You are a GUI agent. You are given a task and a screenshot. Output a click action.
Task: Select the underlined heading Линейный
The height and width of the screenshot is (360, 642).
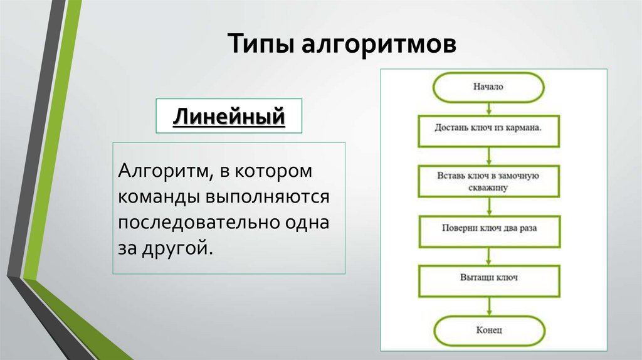[x=229, y=116]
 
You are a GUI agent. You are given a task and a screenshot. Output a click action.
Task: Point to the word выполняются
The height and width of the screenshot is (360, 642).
[x=265, y=197]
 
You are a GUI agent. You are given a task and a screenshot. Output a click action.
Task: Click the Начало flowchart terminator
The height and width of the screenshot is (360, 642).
[x=488, y=87]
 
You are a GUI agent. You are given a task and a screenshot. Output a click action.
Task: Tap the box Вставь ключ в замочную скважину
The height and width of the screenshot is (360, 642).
[x=488, y=180]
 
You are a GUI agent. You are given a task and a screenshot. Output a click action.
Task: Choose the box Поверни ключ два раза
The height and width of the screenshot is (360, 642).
[x=488, y=228]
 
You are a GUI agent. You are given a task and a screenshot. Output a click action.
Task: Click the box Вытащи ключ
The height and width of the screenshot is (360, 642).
[x=488, y=277]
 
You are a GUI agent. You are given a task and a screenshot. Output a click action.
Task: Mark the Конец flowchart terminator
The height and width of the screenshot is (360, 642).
[x=488, y=329]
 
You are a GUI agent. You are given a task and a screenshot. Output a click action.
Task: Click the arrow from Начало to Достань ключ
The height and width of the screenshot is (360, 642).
[x=488, y=107]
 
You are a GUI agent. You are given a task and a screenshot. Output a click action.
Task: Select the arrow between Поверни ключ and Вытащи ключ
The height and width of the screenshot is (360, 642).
[x=488, y=254]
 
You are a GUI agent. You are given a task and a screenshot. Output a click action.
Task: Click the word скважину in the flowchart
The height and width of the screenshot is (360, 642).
[x=488, y=187]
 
